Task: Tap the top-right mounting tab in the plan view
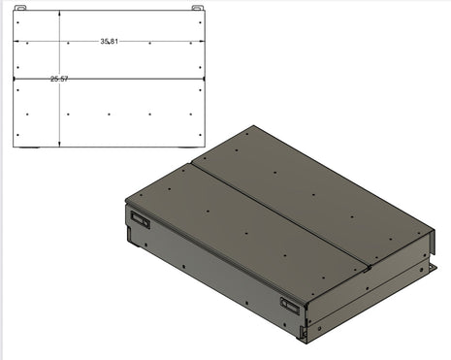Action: pos(199,9)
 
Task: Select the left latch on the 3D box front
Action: pos(140,220)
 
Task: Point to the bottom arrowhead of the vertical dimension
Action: pos(59,145)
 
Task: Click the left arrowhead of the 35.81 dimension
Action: pos(15,42)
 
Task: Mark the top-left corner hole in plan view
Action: pos(28,44)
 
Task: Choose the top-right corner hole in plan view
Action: pos(190,44)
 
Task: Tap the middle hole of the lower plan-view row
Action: pos(110,115)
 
